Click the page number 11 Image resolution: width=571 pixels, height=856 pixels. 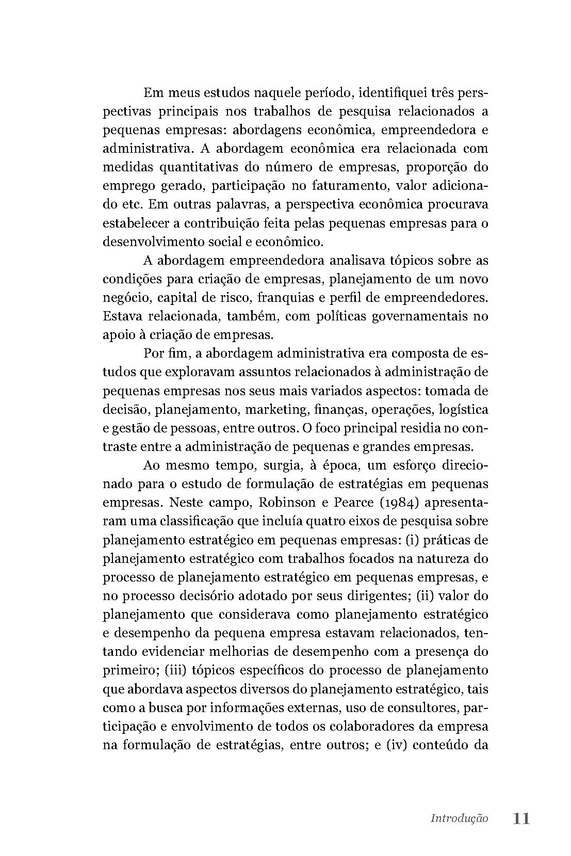[521, 818]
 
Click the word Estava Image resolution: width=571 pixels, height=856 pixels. [122, 316]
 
